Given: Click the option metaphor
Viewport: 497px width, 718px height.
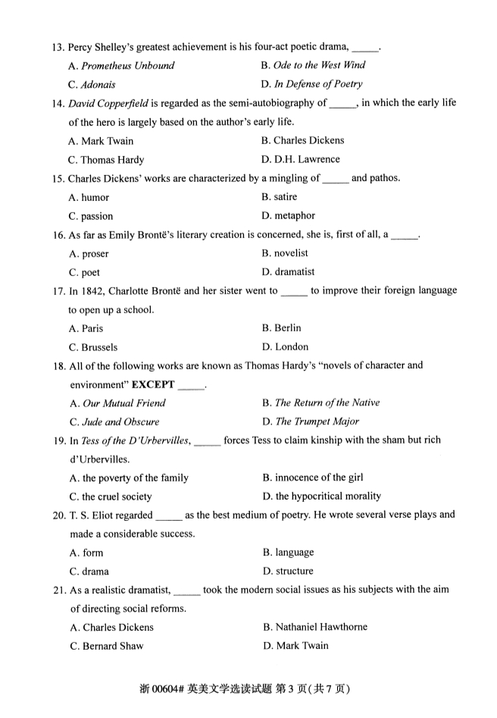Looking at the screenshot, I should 295,216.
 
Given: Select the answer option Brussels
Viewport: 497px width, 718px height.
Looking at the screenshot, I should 100,347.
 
